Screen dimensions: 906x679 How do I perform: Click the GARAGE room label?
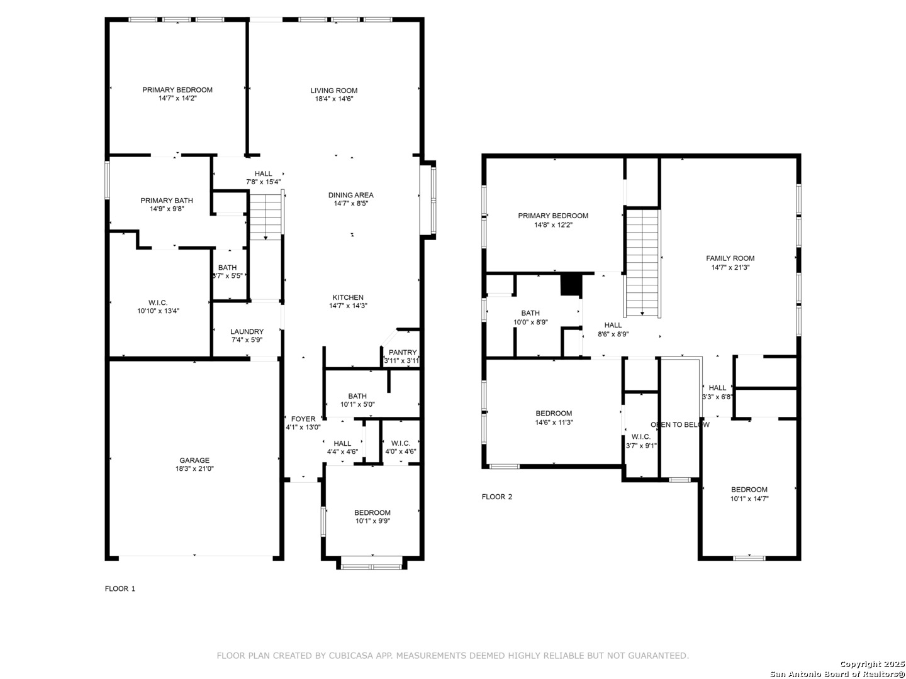click(x=194, y=460)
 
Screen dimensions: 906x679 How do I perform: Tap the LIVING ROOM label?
click(x=334, y=91)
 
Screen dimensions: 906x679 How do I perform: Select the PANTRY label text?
click(x=403, y=353)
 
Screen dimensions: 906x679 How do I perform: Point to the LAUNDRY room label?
click(x=247, y=331)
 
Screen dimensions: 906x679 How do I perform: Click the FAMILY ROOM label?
click(x=730, y=258)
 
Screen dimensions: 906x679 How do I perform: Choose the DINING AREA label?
click(x=351, y=195)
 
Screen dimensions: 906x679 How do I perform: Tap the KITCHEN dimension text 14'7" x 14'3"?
click(x=348, y=306)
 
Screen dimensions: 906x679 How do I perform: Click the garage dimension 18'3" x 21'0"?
click(x=194, y=469)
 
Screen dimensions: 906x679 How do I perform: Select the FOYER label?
click(x=303, y=419)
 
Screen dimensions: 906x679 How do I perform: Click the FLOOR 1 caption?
click(x=120, y=588)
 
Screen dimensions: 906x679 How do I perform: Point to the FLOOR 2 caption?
click(x=497, y=497)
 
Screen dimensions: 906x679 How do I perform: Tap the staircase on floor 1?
click(x=266, y=216)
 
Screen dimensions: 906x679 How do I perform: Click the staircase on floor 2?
click(x=642, y=263)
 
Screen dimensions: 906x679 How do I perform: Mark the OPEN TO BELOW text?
click(x=680, y=424)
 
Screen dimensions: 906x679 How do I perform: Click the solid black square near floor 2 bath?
click(x=571, y=285)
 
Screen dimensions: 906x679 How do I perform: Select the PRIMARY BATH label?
click(x=167, y=201)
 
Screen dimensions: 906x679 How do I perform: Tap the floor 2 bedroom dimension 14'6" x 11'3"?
click(x=554, y=422)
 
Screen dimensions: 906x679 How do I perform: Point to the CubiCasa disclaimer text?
click(x=453, y=656)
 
